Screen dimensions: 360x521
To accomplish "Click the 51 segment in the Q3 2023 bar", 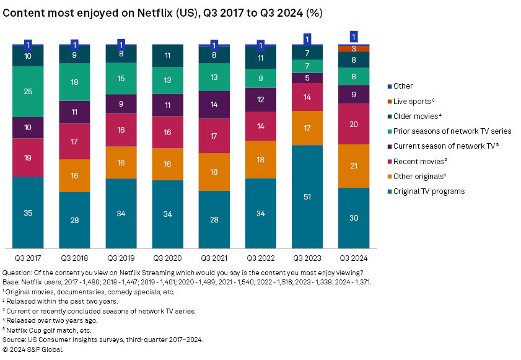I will (307, 196).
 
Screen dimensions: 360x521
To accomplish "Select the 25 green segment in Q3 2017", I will (28, 92).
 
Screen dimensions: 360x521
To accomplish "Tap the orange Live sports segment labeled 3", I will (354, 48).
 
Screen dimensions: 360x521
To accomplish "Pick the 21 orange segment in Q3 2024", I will (354, 165).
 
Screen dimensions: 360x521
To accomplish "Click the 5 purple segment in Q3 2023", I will (307, 78).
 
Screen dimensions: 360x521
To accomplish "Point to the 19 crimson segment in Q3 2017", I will (28, 157).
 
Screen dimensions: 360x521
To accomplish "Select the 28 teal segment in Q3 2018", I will (74, 220).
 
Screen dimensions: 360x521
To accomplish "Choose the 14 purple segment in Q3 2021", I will (214, 105).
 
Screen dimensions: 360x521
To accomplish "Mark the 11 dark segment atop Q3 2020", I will (168, 56).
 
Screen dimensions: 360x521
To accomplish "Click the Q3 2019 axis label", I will (121, 257).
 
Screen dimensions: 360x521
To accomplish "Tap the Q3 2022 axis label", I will (261, 257).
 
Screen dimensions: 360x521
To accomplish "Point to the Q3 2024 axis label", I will (354, 257).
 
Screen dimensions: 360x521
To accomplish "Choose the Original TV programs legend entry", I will (427, 191).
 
